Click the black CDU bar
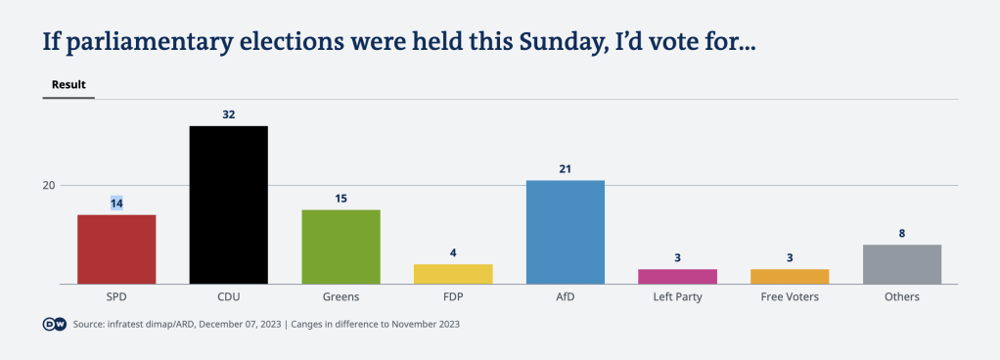pos(228,204)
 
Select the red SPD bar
pos(116,249)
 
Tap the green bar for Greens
pos(341,247)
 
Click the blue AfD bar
pos(565,232)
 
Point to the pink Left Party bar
pos(677,276)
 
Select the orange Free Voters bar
pos(790,276)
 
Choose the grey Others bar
pos(901,264)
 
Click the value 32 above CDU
pos(228,114)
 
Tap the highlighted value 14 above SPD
pos(116,202)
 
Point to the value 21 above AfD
pos(565,169)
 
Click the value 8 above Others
pos(901,233)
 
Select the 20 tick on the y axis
pos(48,186)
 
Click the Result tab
pos(68,85)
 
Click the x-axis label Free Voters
pos(790,296)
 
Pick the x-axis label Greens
pos(341,296)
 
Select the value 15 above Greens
pos(341,199)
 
